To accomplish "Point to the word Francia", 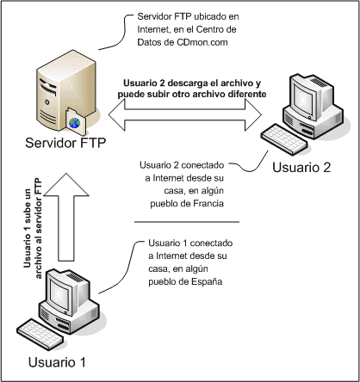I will (x=206, y=204).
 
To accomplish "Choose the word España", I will (x=207, y=282).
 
